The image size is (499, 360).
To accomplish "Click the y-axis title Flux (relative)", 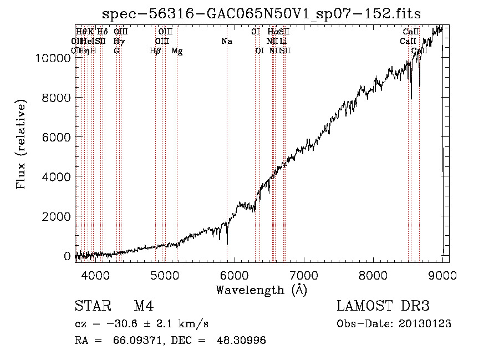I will click(x=22, y=145).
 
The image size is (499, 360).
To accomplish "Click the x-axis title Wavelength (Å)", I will click(x=261, y=290).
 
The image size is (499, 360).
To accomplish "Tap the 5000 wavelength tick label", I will click(x=165, y=276).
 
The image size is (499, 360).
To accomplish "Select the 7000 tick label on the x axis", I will click(x=304, y=276).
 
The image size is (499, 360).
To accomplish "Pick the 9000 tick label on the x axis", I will click(x=443, y=276).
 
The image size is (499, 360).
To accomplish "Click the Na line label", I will click(x=226, y=42).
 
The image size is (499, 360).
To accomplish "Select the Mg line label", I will click(x=177, y=51).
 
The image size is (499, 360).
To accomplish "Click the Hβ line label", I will click(x=155, y=51).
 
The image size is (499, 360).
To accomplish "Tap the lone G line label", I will click(x=116, y=51).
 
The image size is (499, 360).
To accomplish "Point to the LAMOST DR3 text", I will click(x=383, y=306).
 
